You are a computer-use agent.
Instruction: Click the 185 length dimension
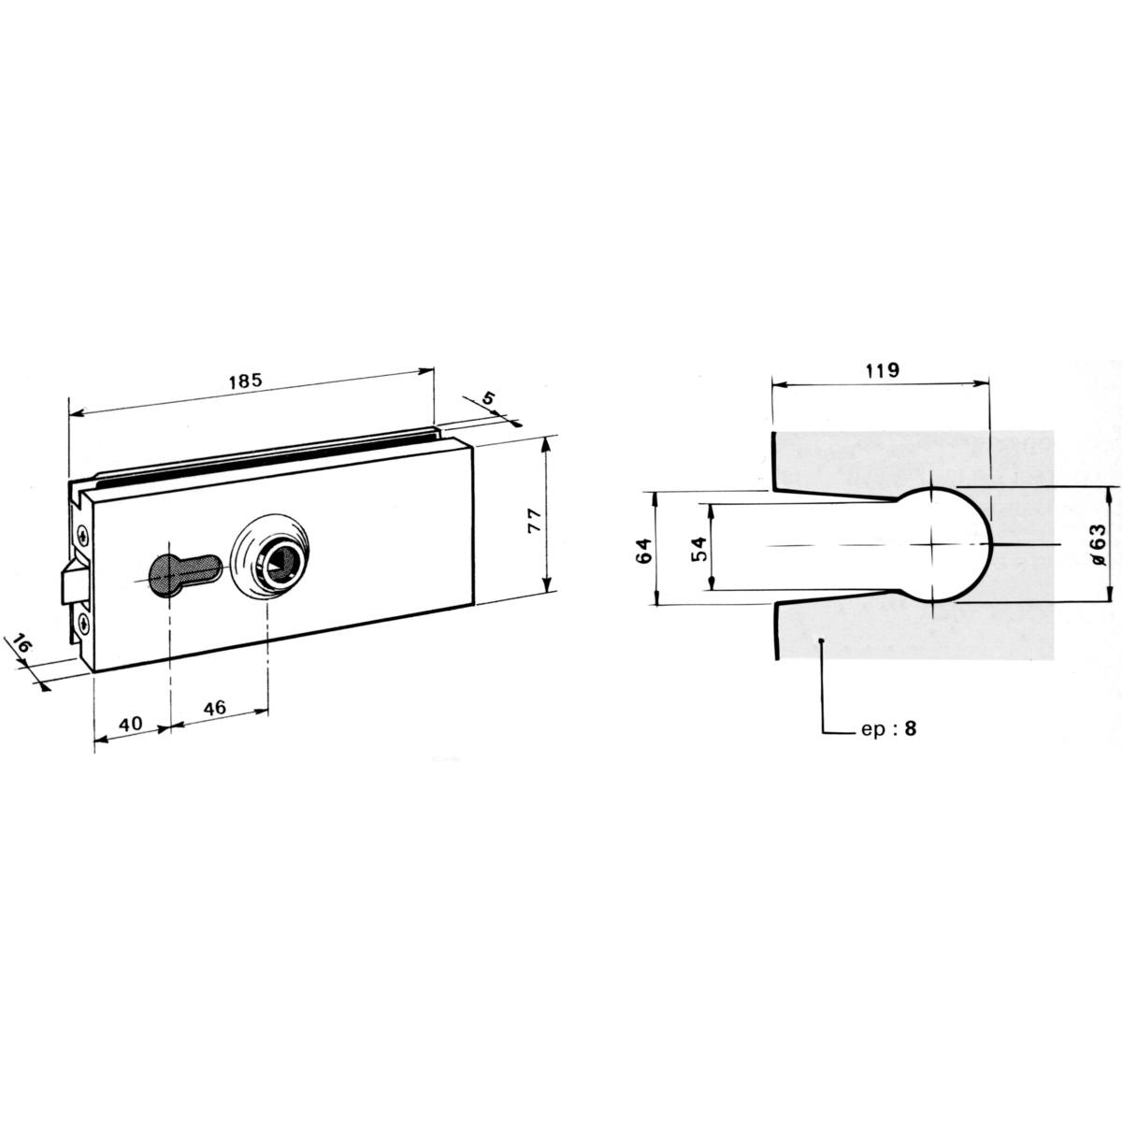[x=246, y=382]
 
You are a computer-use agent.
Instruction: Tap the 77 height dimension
[x=535, y=521]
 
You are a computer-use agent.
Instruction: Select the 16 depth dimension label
[x=22, y=644]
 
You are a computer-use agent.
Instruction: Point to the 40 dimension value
[x=130, y=724]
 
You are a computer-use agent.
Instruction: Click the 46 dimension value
[x=214, y=708]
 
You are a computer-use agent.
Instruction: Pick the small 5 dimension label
[x=488, y=399]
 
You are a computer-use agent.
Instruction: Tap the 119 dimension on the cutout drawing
[x=882, y=369]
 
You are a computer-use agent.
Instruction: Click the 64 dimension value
[x=644, y=550]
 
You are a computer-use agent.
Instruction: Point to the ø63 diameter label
[x=1096, y=544]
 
